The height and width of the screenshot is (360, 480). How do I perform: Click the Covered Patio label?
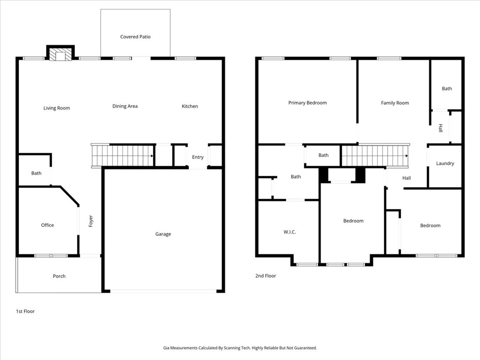click(x=135, y=37)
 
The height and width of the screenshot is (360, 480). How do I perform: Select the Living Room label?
click(x=57, y=108)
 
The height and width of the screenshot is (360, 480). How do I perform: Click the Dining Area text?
click(x=125, y=106)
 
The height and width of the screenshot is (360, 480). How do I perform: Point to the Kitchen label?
click(x=190, y=106)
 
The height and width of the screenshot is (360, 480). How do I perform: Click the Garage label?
click(x=163, y=234)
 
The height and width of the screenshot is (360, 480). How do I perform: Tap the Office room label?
click(x=47, y=225)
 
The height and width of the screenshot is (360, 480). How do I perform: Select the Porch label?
click(x=59, y=276)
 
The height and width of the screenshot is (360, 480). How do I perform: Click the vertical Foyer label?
click(x=90, y=221)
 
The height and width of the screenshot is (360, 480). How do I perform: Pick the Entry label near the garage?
click(x=198, y=157)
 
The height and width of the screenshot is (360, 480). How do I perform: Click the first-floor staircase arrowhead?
click(x=152, y=156)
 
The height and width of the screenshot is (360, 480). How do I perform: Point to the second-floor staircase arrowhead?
click(x=406, y=156)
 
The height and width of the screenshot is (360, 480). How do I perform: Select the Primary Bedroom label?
click(x=307, y=103)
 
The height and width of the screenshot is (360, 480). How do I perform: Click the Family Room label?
click(x=395, y=103)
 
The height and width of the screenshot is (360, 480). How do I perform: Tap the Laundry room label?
click(x=445, y=164)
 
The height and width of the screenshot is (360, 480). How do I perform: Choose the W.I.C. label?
click(x=290, y=232)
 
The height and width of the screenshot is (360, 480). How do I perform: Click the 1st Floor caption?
click(x=25, y=311)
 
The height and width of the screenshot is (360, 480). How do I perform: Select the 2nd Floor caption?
click(x=266, y=276)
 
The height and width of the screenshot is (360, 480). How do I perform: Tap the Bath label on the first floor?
click(x=36, y=173)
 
